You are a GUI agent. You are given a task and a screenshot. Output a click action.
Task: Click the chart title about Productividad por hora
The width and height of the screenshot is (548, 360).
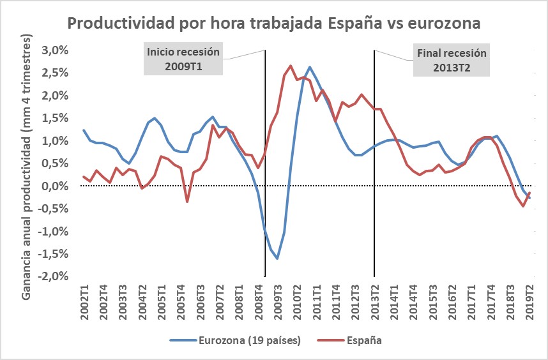pyautogui.click(x=274, y=24)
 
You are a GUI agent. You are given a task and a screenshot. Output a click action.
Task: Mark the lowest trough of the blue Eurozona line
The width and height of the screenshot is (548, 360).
pyautogui.click(x=277, y=259)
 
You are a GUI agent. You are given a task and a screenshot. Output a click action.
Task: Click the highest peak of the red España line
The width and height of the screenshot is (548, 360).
pyautogui.click(x=291, y=65)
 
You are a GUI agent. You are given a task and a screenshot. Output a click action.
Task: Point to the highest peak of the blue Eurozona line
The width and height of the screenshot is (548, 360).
pyautogui.click(x=310, y=67)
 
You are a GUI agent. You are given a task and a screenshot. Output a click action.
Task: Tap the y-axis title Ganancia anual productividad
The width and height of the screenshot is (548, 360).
pyautogui.click(x=28, y=163)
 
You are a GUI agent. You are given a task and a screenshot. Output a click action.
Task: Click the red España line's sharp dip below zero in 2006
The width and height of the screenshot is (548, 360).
pyautogui.click(x=187, y=202)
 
